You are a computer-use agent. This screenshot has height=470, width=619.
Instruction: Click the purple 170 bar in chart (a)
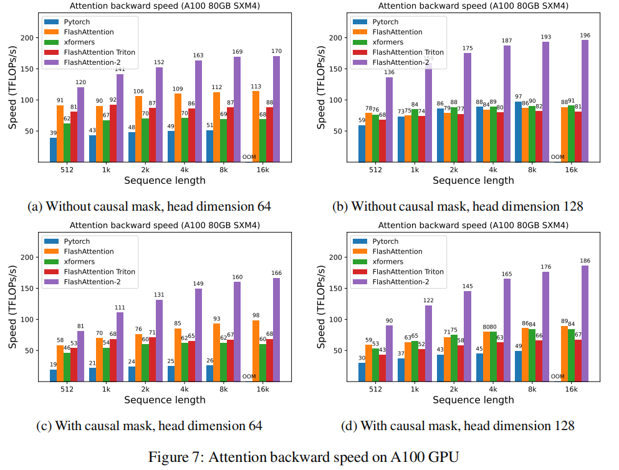click(x=276, y=109)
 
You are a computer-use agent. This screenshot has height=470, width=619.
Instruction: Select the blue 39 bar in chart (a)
click(x=53, y=150)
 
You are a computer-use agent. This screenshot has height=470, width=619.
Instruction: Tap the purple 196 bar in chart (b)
click(x=585, y=101)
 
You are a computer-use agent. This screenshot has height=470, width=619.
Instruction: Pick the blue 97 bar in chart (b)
click(x=517, y=132)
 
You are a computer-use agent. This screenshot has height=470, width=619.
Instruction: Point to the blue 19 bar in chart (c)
click(x=53, y=375)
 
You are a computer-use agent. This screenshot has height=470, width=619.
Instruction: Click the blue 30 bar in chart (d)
click(x=362, y=372)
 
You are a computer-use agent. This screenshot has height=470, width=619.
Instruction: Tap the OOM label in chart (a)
click(x=249, y=158)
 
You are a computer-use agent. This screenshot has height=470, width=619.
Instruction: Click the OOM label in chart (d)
click(x=557, y=376)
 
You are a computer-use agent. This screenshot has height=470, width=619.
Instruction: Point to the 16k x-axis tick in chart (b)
click(x=571, y=169)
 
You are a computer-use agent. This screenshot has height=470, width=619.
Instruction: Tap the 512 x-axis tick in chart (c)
click(x=67, y=388)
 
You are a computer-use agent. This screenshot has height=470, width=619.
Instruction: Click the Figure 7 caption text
click(x=304, y=456)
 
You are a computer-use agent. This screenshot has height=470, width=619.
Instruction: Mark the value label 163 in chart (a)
click(x=198, y=55)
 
